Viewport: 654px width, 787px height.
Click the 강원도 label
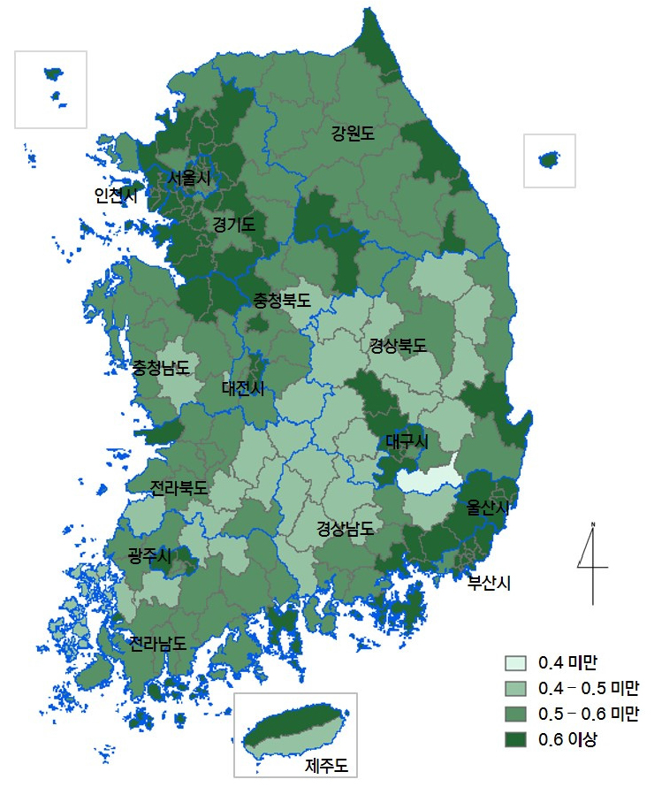click(353, 134)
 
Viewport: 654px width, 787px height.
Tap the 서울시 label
click(190, 178)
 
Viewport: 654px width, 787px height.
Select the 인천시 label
click(116, 196)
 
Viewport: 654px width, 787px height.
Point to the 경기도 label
click(233, 225)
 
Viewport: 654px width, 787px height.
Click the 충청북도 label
click(283, 300)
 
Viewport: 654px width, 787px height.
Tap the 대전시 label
click(242, 386)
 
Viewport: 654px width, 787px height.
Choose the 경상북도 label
click(398, 346)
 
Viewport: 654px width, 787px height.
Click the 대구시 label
click(407, 440)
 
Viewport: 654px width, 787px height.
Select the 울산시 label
click(490, 508)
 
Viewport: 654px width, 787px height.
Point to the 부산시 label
click(490, 582)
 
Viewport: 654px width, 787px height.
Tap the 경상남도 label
click(346, 529)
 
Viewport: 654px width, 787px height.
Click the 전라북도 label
click(179, 488)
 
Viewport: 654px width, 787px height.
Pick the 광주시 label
click(149, 554)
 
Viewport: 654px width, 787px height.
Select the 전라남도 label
click(157, 643)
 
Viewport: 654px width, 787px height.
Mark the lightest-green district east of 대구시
click(430, 480)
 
